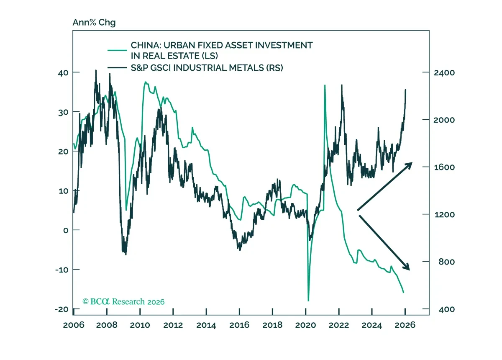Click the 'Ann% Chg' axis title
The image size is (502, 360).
pyautogui.click(x=94, y=23)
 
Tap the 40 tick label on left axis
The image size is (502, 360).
pyautogui.click(x=63, y=73)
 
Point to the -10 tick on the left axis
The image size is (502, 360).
pyautogui.click(x=62, y=270)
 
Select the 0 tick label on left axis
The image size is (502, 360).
pyautogui.click(x=66, y=230)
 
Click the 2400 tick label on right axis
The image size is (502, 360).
pyautogui.click(x=444, y=73)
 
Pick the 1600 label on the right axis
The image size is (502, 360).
pyautogui.click(x=444, y=167)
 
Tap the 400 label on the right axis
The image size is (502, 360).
pyautogui.click(x=446, y=309)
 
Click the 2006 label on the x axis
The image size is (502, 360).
pyautogui.click(x=74, y=325)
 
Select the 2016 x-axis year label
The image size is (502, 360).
pyautogui.click(x=239, y=325)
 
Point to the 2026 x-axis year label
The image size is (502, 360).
pyautogui.click(x=405, y=325)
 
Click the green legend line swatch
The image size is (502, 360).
pyautogui.click(x=117, y=50)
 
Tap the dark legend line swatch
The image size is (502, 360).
pyautogui.click(x=117, y=67)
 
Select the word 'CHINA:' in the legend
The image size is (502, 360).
pyautogui.click(x=146, y=45)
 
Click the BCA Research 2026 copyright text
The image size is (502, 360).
pyautogui.click(x=123, y=301)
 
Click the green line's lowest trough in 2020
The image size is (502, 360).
pyautogui.click(x=308, y=301)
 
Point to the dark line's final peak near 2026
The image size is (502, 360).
pyautogui.click(x=406, y=90)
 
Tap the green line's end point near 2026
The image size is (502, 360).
pyautogui.click(x=404, y=293)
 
